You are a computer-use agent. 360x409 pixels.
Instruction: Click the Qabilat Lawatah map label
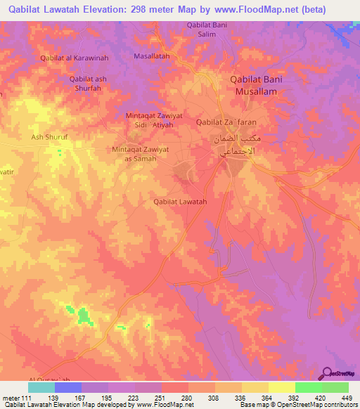(180, 202)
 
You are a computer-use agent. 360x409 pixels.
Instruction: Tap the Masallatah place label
(152, 56)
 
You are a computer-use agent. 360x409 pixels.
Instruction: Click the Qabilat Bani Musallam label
(257, 85)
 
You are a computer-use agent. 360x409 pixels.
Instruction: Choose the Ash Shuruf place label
(47, 137)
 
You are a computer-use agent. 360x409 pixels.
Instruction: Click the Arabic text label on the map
(235, 145)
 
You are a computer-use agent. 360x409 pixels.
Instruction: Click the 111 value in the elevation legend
(28, 398)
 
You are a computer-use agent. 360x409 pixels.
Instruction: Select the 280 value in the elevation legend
(187, 398)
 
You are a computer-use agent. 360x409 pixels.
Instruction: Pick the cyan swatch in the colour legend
(41, 387)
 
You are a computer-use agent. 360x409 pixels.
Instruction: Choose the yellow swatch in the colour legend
(282, 387)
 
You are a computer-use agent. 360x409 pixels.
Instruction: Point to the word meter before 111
(11, 398)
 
